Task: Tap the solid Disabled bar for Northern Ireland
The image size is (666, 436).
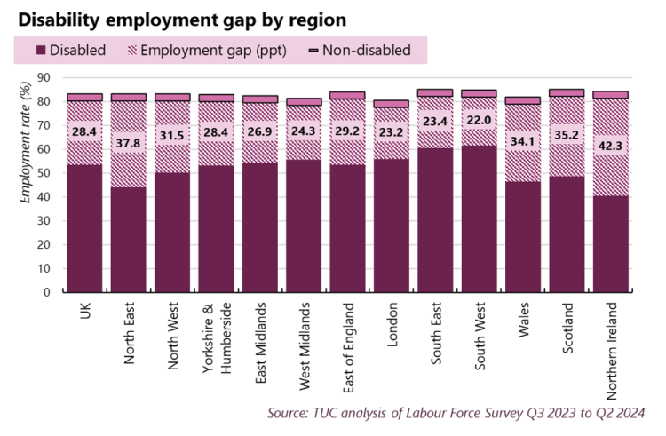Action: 610,243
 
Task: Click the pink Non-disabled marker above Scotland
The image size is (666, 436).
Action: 567,92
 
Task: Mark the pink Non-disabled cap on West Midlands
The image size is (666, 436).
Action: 304,101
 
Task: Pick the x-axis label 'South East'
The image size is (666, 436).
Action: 435,330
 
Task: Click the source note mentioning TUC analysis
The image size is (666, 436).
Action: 456,413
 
